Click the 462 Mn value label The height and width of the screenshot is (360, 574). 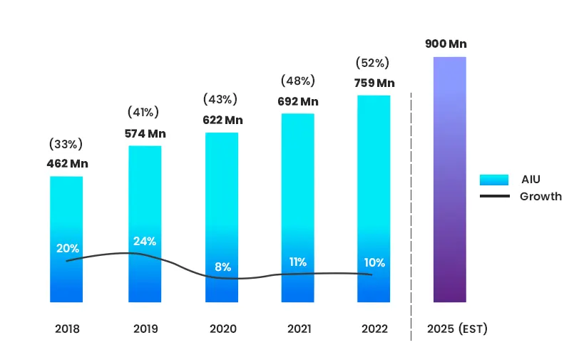point(68,164)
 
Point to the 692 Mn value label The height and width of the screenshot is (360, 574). point(297,101)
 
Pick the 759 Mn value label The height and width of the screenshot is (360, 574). point(374,83)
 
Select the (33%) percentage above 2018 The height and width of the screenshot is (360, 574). point(66,144)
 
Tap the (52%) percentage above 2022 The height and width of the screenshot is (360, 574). point(374,63)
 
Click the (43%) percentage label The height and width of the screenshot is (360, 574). point(220,99)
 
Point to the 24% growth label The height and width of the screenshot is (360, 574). point(145,241)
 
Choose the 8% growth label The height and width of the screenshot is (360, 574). point(222,267)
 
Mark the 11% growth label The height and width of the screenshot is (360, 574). point(298,262)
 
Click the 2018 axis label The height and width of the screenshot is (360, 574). point(67,329)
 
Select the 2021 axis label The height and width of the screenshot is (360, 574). point(298,329)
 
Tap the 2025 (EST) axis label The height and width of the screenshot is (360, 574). point(457,329)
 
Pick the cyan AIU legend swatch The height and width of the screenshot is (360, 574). point(494,180)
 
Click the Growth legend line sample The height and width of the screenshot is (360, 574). point(494,196)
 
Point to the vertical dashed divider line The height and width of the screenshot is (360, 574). point(411,214)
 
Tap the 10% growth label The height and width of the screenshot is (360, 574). point(374,262)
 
